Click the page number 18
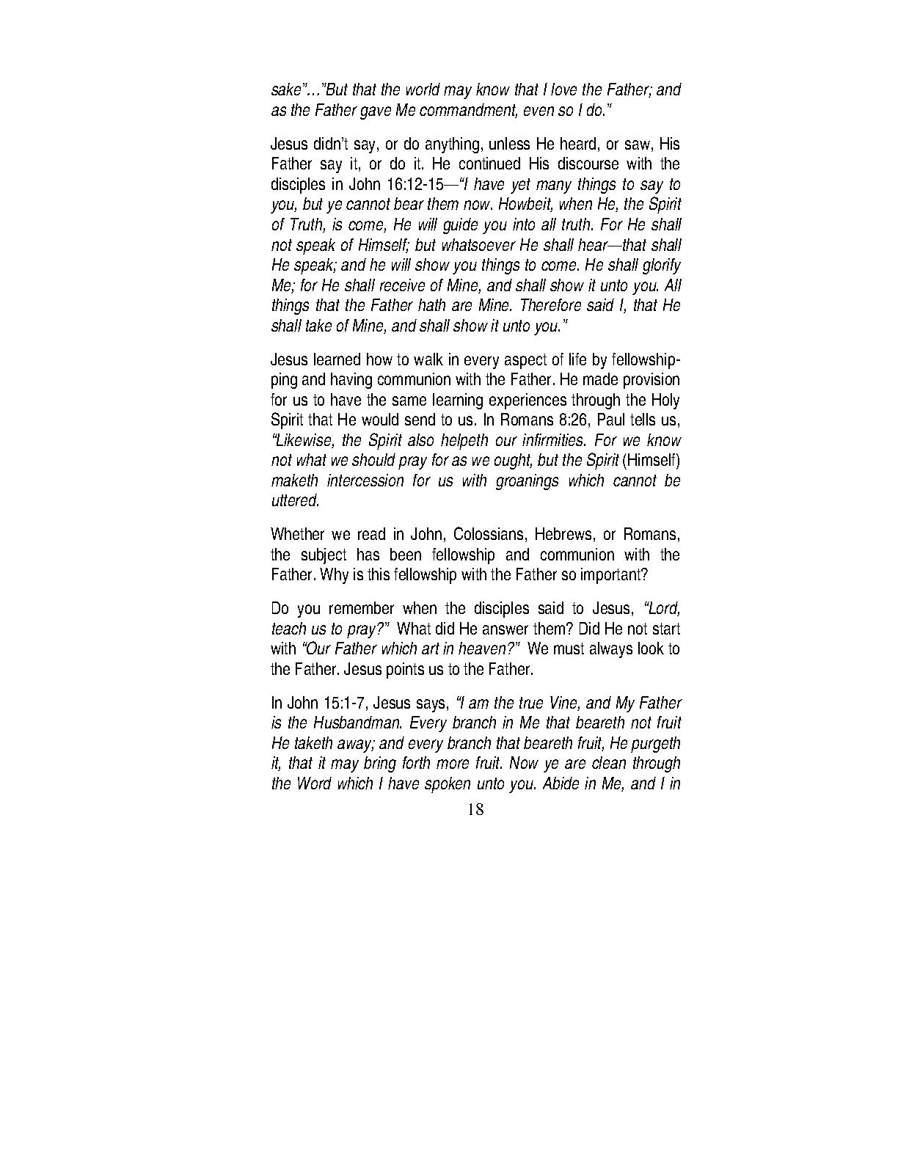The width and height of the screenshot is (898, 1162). (x=475, y=810)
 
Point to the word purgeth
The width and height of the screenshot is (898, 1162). (x=655, y=742)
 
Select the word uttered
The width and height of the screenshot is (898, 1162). (x=295, y=501)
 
